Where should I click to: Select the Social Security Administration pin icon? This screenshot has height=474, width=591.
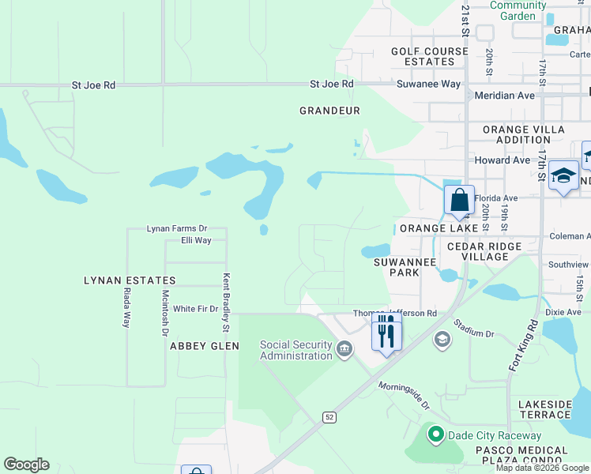coord(344,348)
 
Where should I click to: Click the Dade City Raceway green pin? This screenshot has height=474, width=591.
coord(435,434)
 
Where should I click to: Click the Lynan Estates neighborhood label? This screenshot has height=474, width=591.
coord(130,280)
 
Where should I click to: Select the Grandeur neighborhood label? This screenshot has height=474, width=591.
coord(329,111)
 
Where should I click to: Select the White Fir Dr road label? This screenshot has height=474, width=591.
coord(195,309)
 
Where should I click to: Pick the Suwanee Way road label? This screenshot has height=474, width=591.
coord(427,84)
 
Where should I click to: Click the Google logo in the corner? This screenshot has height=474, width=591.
coord(26,465)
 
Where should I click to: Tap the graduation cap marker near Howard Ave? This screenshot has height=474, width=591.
coord(563,175)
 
